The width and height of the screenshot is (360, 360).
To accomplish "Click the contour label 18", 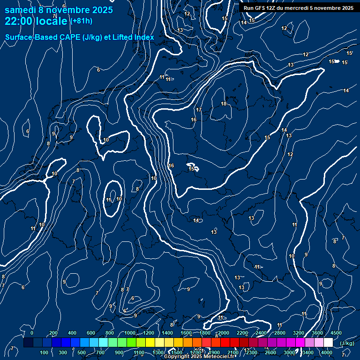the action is pos(224,104).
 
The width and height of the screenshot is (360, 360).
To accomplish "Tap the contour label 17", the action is pos(199,110).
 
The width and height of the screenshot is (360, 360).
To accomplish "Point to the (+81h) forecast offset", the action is pos(81,21).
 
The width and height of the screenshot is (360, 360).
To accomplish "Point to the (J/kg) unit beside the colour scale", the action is pos(346,343).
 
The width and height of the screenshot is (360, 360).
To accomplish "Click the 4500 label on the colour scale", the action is pos(336,333).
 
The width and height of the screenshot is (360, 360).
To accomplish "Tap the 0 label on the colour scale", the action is pos(32,333).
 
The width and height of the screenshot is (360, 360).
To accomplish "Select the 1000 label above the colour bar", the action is pos(130,333).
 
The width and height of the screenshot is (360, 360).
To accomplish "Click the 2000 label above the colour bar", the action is pos(224,333).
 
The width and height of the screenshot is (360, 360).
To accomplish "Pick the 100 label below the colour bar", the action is pos(44,352).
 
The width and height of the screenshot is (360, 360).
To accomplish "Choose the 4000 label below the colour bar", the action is pos(327,352).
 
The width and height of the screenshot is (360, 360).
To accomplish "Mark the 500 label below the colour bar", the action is pos(82,352).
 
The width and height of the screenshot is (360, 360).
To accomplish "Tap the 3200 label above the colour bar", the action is pos(299,333).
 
